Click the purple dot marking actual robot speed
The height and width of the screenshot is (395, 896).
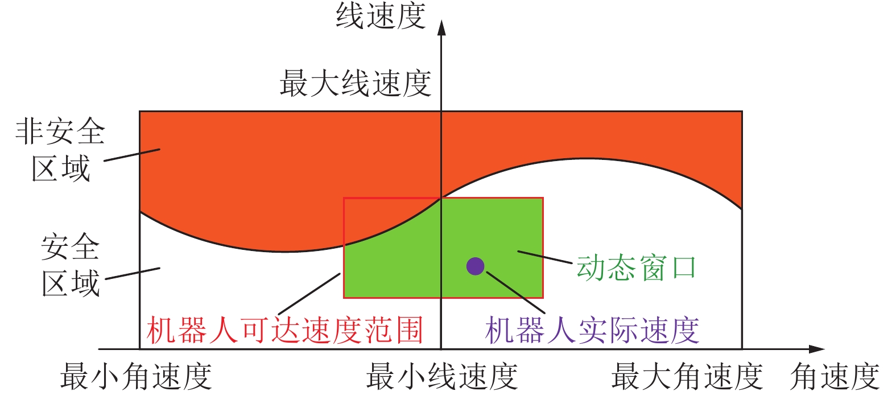pos(475,266)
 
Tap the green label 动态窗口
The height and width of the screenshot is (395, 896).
pos(636,268)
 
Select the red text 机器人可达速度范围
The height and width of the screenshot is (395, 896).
pos(285,330)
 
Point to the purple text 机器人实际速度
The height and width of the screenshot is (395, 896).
pos(592,330)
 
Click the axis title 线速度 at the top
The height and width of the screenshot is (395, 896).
pos(381,16)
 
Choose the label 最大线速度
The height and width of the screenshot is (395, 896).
pos(355,84)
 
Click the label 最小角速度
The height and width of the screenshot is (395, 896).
pos(136,376)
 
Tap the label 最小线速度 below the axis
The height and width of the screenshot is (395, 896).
pos(441,376)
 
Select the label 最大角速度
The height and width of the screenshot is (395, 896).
pos(687,376)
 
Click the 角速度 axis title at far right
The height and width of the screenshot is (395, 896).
pos(835,376)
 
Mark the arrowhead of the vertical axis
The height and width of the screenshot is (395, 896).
pos(441,27)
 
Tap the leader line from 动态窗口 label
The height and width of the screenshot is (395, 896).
pos(544,257)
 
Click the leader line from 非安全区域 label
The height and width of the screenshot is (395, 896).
pos(132,155)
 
